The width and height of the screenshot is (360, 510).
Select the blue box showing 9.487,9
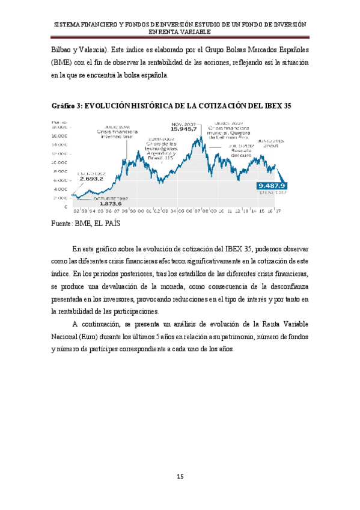click(272, 185)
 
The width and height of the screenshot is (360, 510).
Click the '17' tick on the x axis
click(278, 211)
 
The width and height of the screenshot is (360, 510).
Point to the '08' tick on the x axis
click(204, 211)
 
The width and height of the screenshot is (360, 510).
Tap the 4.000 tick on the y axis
click(61, 189)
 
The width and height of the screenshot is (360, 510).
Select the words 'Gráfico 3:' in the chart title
click(67, 106)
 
